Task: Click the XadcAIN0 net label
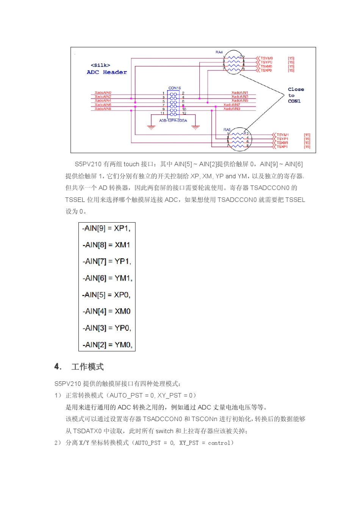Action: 103,92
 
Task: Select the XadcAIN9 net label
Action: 232,109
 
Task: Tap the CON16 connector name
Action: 174,88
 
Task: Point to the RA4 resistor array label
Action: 219,52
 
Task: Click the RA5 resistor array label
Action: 227,130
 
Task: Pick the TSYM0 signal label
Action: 266,58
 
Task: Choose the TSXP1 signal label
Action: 282,147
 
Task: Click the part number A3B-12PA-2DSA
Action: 173,120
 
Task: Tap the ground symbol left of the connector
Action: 151,127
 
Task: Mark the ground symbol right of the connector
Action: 196,127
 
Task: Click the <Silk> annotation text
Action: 100,65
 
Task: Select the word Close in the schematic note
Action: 296,89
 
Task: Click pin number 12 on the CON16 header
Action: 184,113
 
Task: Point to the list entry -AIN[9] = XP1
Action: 106,228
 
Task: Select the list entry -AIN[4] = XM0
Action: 106,311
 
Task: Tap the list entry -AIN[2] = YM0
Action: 107,345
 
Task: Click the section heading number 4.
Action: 58,367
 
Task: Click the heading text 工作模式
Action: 88,367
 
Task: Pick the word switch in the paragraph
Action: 164,431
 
